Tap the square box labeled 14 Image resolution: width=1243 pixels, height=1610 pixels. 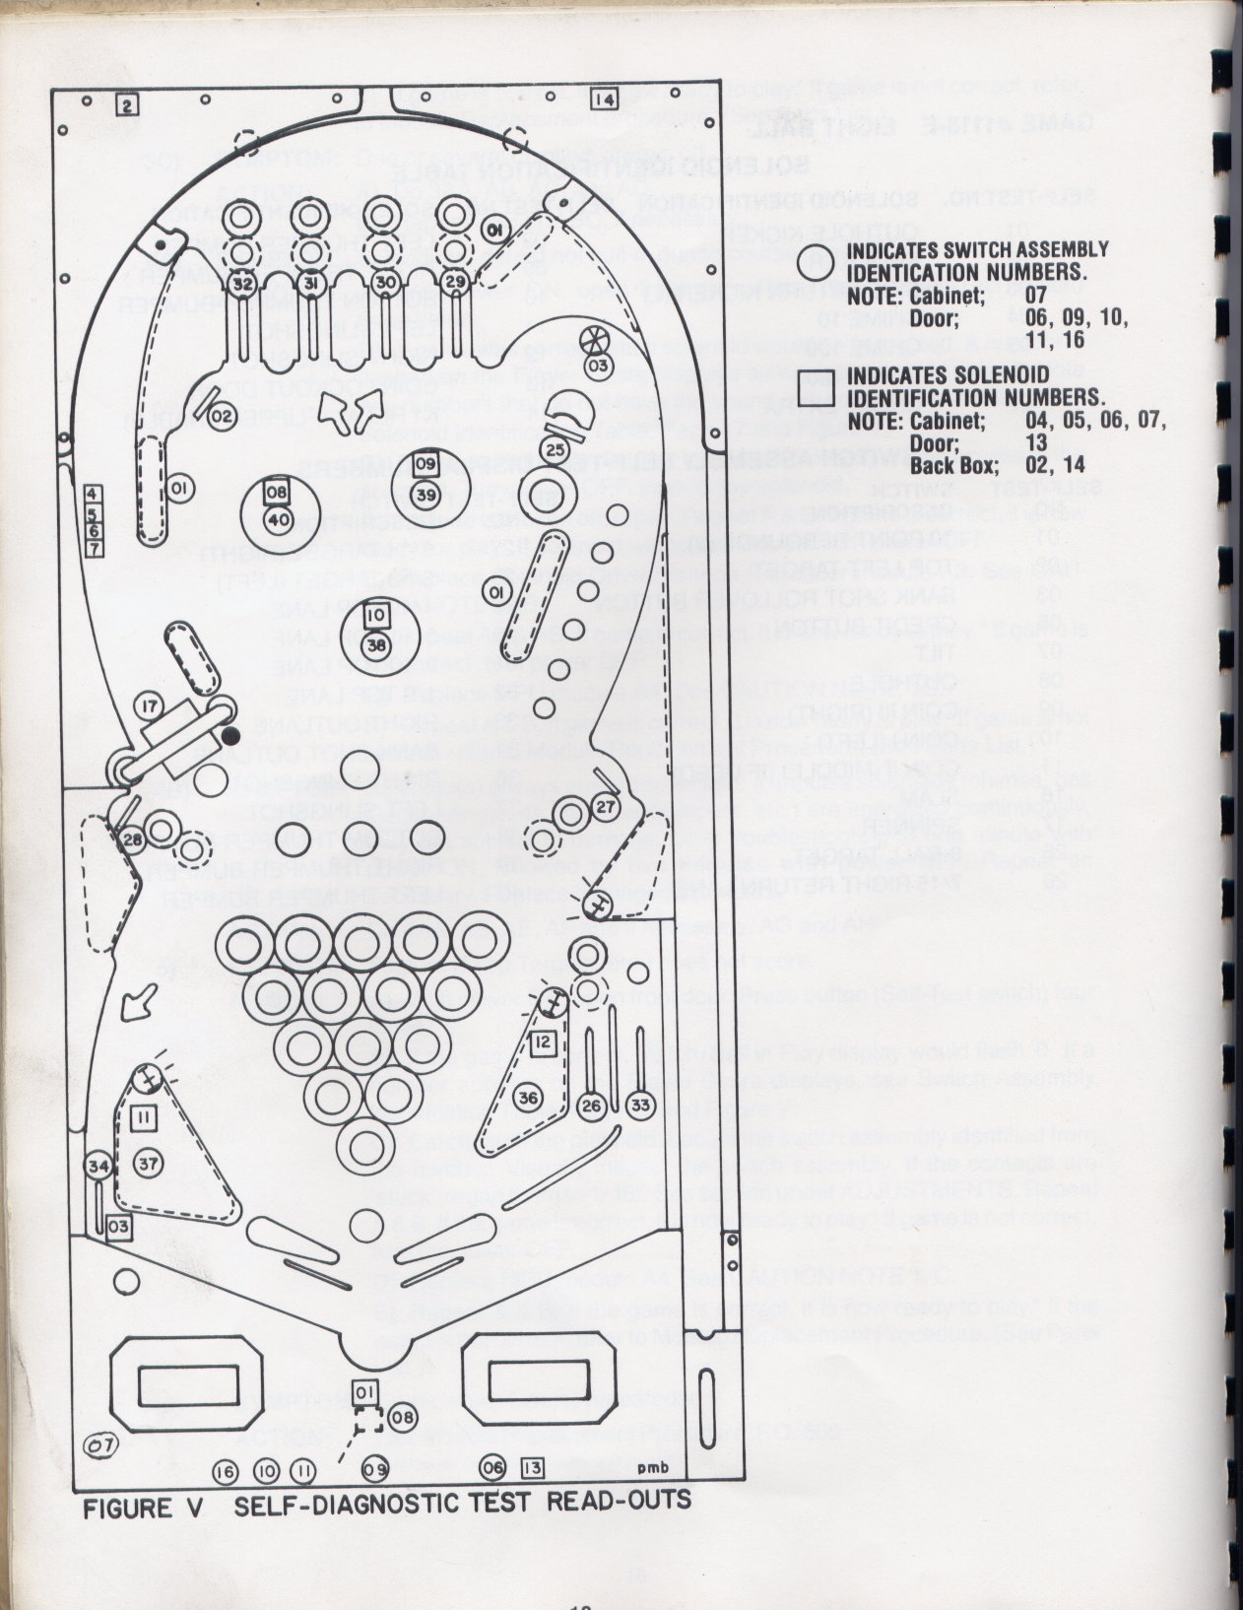[604, 100]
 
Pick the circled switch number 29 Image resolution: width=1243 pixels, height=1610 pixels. [455, 282]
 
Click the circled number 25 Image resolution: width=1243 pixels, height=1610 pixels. [556, 449]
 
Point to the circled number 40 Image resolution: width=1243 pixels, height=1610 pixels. [279, 519]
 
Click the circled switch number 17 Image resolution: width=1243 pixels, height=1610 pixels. [150, 707]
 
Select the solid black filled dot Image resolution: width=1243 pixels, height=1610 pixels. [231, 734]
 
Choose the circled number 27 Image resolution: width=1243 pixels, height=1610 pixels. [605, 806]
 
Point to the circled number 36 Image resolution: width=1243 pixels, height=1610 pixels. [529, 1098]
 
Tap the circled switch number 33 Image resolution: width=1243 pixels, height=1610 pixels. [639, 1106]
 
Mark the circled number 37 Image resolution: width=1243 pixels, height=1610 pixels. [147, 1164]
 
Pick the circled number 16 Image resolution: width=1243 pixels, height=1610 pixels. [226, 1470]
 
